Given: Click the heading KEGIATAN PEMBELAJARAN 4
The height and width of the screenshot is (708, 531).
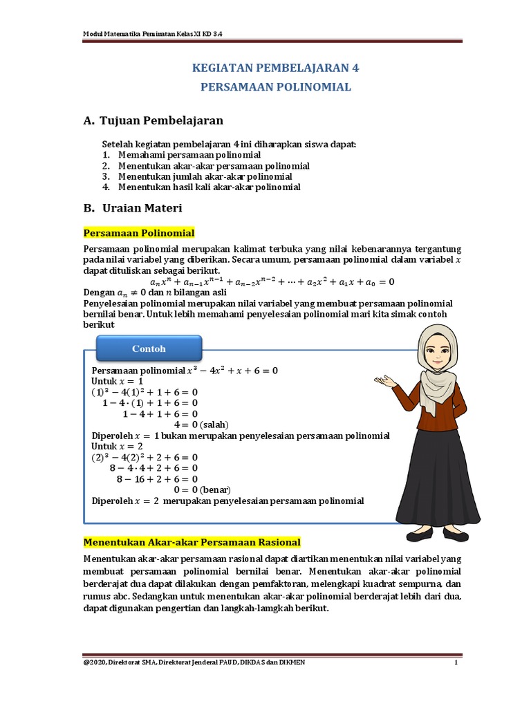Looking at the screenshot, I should pos(274,68).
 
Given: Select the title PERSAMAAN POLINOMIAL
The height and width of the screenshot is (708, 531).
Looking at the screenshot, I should pos(275,87).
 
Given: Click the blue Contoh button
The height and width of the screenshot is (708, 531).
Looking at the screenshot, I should pos(149,348).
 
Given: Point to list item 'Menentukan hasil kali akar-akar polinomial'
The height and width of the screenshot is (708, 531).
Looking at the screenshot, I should pos(209,187).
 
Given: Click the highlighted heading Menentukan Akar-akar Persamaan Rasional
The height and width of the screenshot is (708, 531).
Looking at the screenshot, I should pos(192,541).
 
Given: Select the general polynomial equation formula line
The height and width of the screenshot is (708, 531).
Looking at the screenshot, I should pos(272,281).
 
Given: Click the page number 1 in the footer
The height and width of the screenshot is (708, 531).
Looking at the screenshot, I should pos(456,663).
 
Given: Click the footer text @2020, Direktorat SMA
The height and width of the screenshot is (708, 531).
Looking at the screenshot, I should pos(194,663).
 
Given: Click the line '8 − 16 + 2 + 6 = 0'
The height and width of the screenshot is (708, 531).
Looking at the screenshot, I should pos(157,478).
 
